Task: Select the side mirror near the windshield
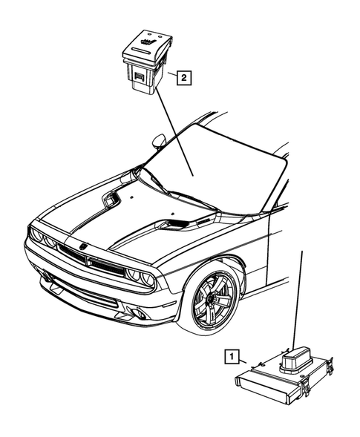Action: (x=159, y=139)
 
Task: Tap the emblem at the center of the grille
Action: (x=83, y=246)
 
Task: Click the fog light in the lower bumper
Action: (x=139, y=314)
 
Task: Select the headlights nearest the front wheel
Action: (x=138, y=277)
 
